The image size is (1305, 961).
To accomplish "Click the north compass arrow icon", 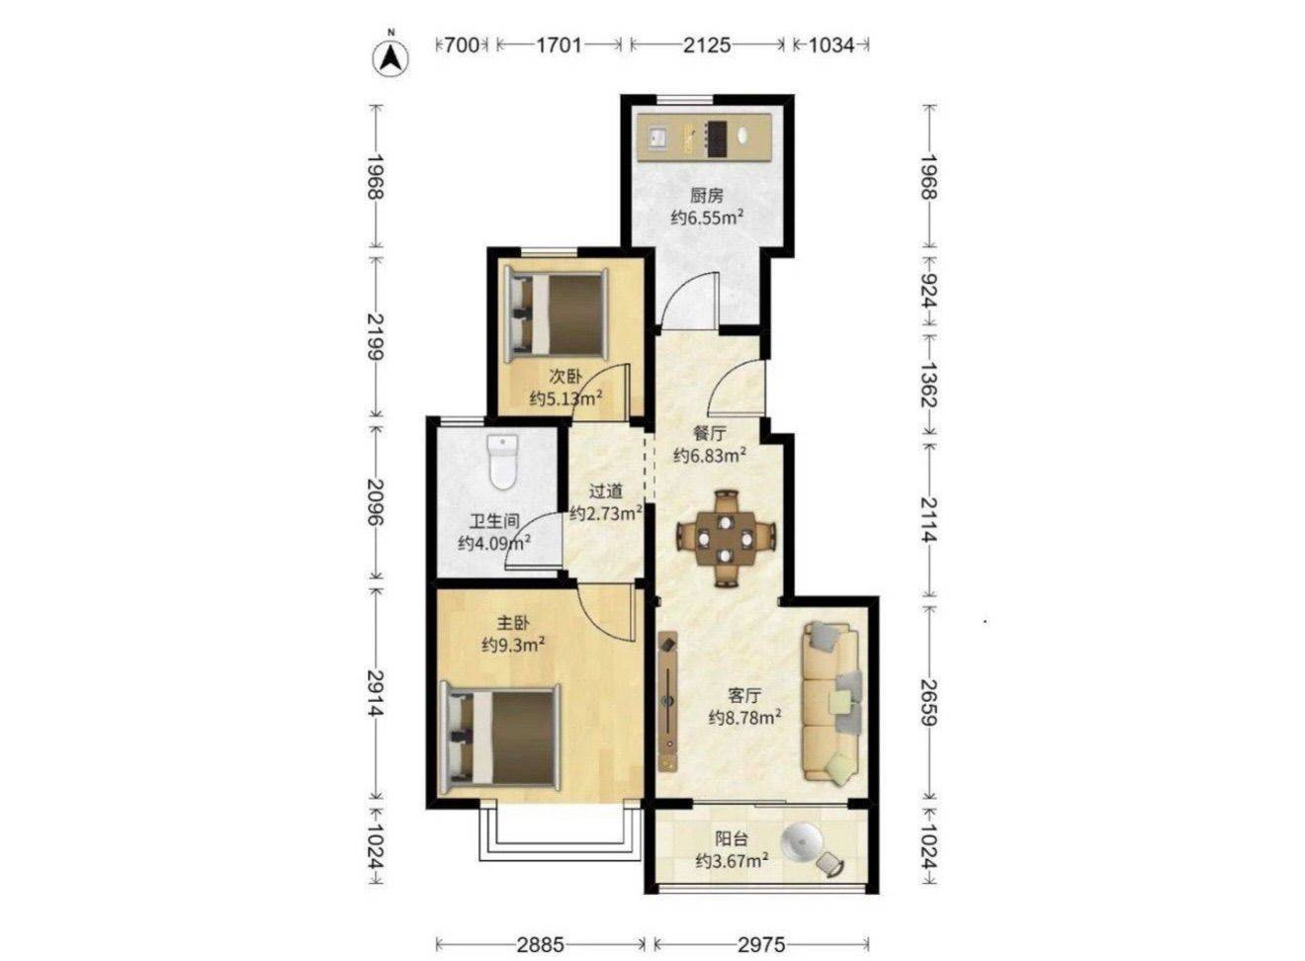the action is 391,58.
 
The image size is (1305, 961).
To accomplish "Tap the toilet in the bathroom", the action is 502,462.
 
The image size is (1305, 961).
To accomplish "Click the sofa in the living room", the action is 831,702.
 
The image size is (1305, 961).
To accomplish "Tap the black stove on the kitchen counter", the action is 717,138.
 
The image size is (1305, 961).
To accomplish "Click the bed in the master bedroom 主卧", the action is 500,739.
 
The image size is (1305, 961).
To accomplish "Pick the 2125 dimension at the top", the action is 707,44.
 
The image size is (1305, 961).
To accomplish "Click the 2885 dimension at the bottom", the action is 540,945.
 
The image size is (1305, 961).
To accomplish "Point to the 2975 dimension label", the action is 761,945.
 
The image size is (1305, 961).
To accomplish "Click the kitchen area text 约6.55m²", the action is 707,218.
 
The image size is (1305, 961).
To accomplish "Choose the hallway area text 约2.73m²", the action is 606,513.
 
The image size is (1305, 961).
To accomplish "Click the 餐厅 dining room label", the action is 709,433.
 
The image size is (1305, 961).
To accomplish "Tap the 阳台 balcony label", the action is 732,838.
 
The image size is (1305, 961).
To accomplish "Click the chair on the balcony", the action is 829,878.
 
